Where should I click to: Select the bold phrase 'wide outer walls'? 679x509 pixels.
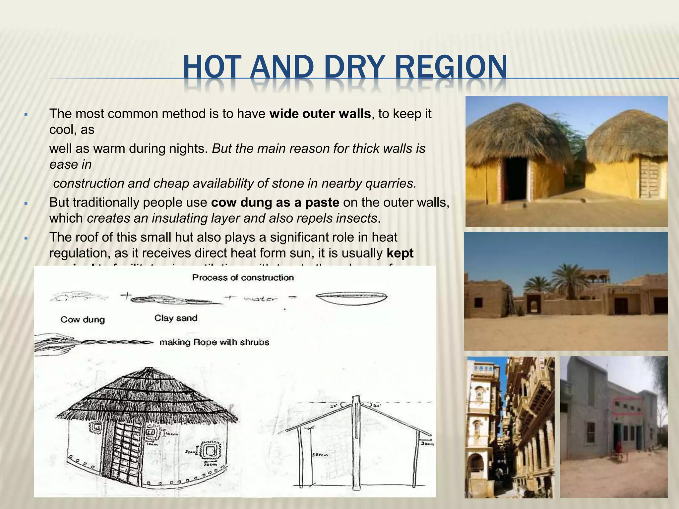tap(320, 114)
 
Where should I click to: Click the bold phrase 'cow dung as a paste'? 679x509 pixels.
tap(275, 202)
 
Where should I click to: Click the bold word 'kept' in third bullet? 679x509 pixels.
tap(400, 253)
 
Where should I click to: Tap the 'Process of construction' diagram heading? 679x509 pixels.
tap(243, 277)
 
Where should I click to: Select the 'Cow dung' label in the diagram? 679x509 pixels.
tap(83, 319)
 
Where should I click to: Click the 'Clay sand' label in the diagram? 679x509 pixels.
tap(176, 318)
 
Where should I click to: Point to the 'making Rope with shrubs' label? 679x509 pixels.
tap(214, 342)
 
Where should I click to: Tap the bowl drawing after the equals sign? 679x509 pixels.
tap(351, 298)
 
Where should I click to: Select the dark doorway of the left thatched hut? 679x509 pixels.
tap(516, 179)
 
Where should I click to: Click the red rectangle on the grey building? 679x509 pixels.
tap(627, 406)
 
